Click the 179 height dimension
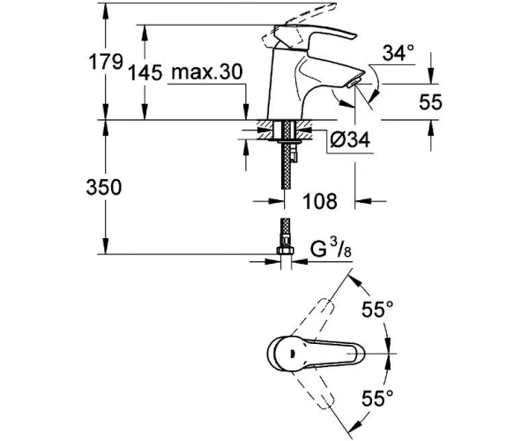[x=105, y=62]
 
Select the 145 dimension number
[x=145, y=72]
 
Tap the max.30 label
[x=207, y=71]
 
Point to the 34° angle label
[x=399, y=53]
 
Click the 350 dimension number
[x=103, y=187]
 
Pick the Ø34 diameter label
[x=350, y=139]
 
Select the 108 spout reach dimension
[x=320, y=201]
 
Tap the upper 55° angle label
[x=377, y=310]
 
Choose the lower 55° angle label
[x=377, y=399]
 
